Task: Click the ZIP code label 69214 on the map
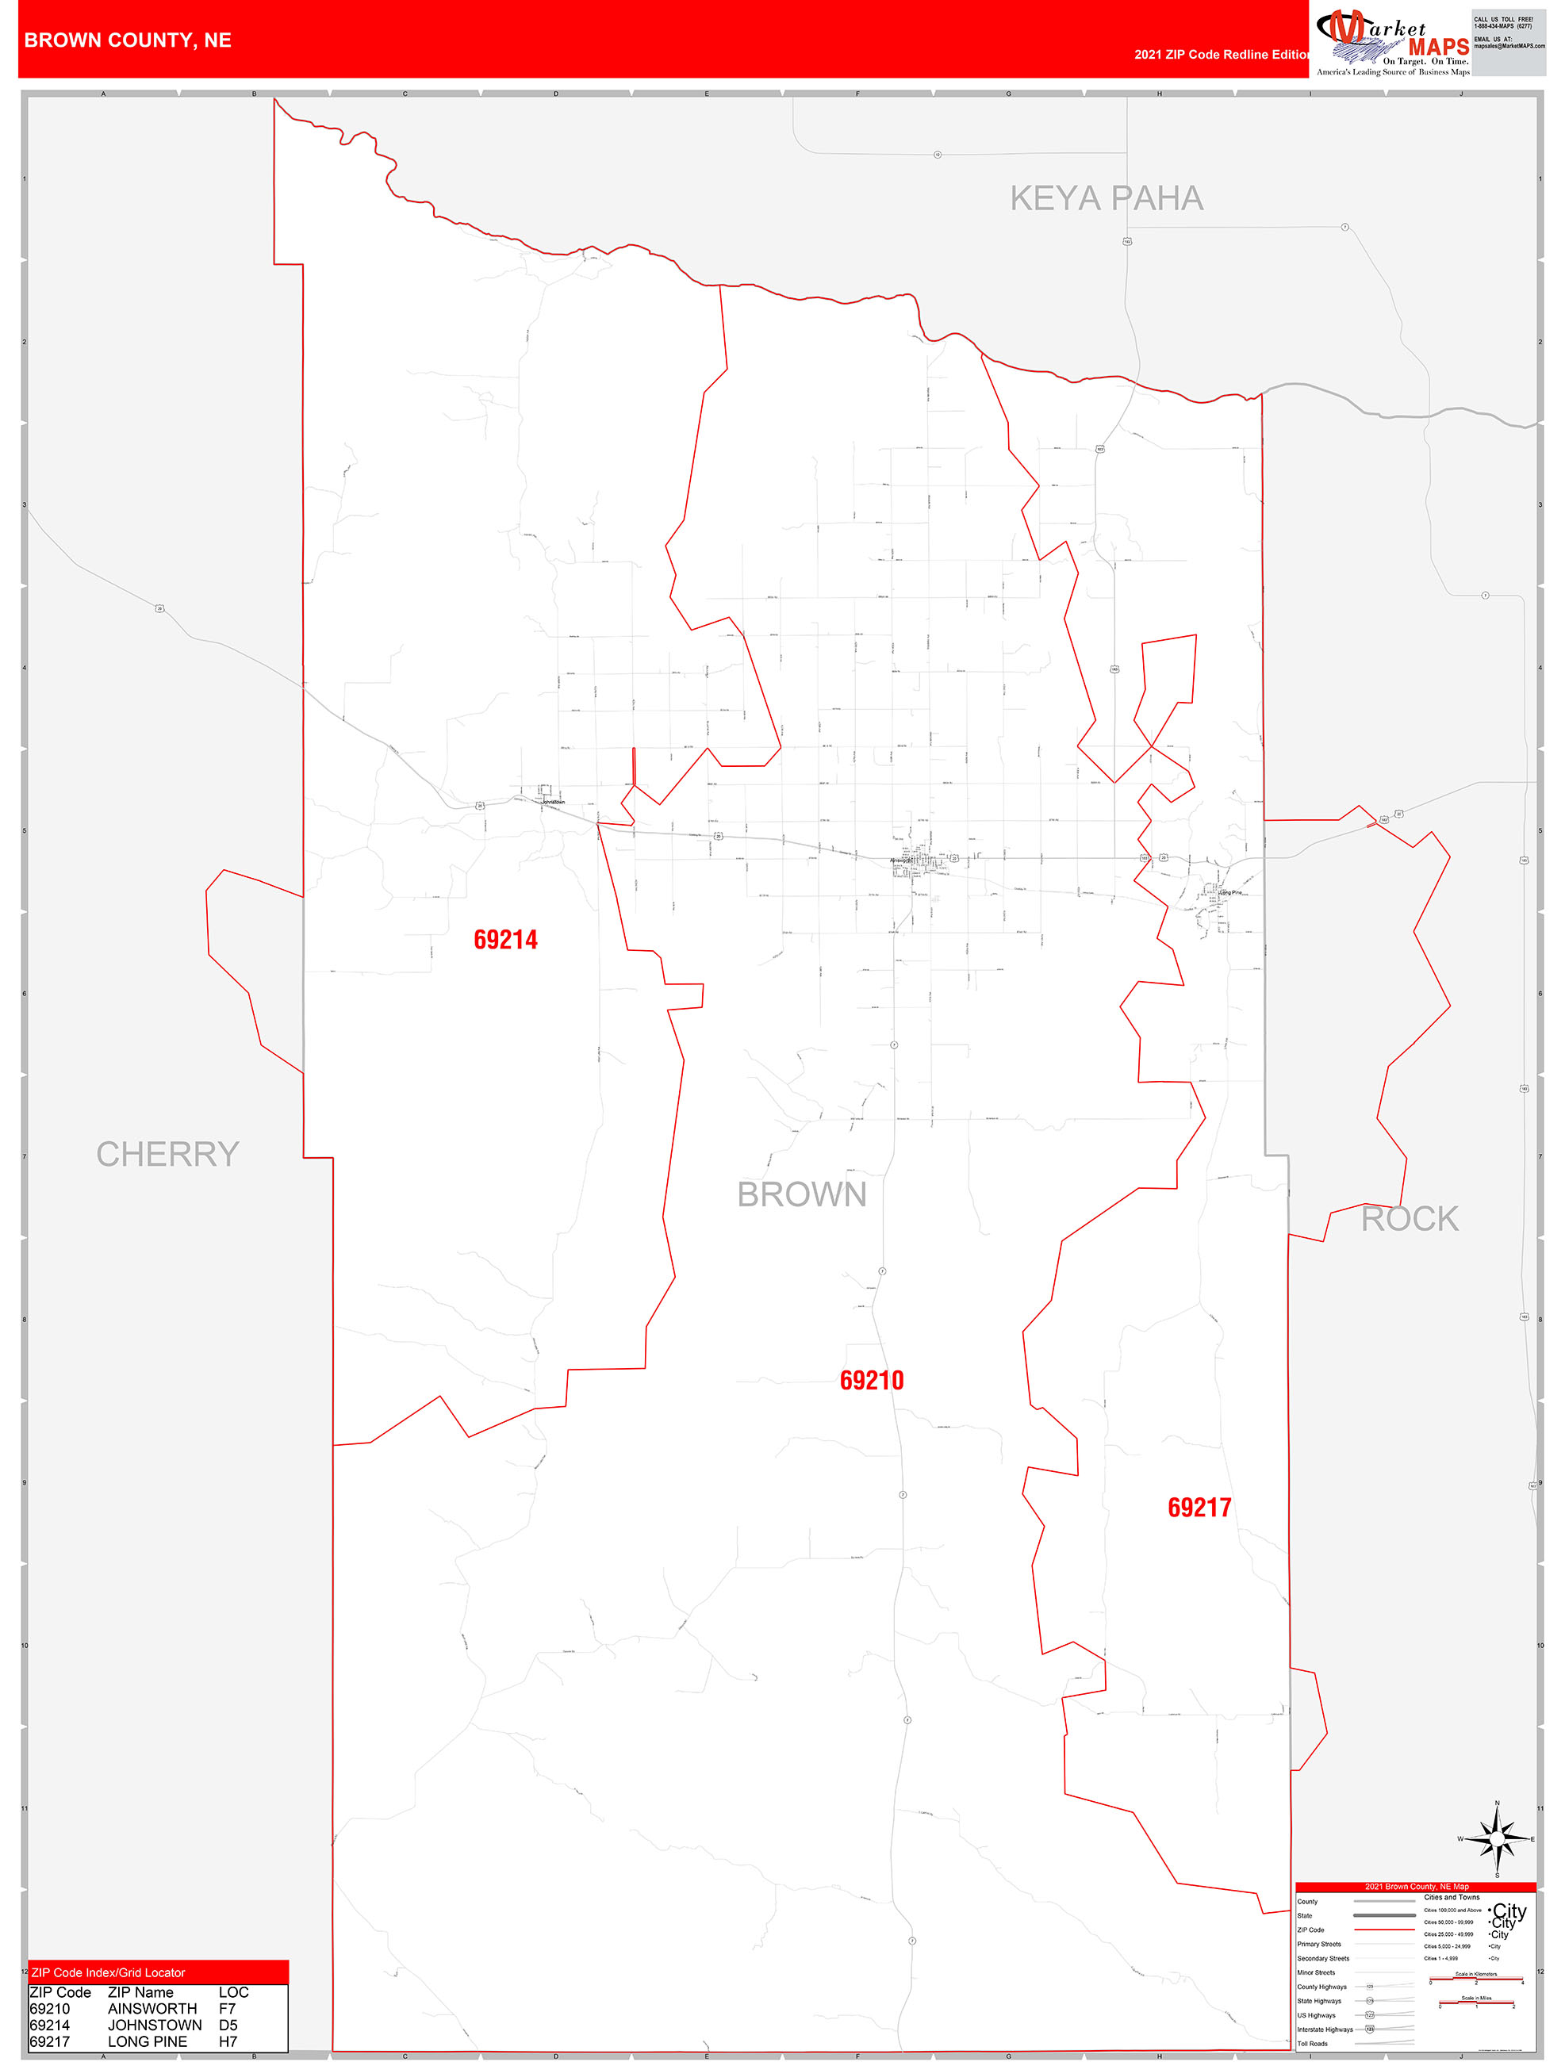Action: (505, 940)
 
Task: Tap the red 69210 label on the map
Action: (872, 1381)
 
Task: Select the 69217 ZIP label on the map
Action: (1199, 1508)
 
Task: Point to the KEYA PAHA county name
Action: (1107, 198)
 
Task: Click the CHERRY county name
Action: (168, 1154)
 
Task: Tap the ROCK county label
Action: (1410, 1218)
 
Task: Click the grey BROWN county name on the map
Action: (802, 1194)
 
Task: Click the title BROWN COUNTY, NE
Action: (128, 40)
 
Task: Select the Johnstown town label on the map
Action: (553, 802)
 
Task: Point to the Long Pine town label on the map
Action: (1230, 892)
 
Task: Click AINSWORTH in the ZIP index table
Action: (152, 2009)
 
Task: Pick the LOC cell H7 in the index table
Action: (228, 2041)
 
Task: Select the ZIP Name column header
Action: (140, 1992)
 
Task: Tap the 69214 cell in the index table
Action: (49, 2025)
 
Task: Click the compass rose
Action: (1497, 1838)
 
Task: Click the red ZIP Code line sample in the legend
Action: (1383, 1930)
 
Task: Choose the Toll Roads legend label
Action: (1313, 2043)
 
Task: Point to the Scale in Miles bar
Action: (1476, 2003)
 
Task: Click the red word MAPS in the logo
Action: (1438, 47)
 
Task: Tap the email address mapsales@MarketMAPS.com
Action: (1509, 46)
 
